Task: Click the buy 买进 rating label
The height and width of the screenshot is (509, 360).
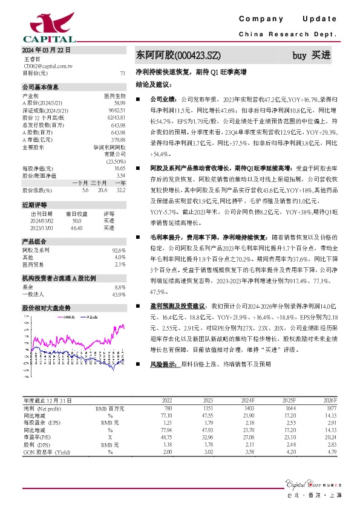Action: pos(312,56)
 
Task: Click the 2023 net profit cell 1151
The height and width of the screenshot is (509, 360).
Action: pos(207,409)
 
